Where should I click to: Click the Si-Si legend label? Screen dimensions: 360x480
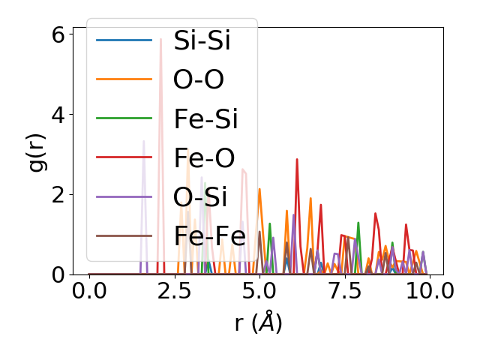(202, 40)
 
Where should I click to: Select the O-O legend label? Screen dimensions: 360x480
(198, 79)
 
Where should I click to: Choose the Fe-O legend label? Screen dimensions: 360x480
(204, 157)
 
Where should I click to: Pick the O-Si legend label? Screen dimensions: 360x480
(200, 196)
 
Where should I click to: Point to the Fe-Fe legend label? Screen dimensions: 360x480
(209, 235)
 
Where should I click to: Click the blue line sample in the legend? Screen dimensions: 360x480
(124, 40)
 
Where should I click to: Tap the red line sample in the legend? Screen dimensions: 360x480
(124, 157)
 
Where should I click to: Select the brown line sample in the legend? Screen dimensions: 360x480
(124, 235)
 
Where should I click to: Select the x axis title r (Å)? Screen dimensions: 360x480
(258, 322)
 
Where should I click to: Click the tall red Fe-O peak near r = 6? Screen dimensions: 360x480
(297, 160)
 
